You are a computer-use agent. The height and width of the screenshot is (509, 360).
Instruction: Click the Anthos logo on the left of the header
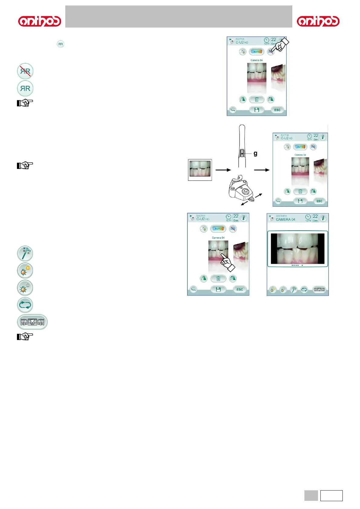click(x=40, y=21)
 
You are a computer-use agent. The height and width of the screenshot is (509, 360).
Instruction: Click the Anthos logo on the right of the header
click(x=318, y=21)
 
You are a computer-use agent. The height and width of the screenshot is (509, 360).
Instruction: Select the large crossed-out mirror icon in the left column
click(x=25, y=71)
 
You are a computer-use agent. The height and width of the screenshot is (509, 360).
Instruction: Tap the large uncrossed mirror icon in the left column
click(x=25, y=88)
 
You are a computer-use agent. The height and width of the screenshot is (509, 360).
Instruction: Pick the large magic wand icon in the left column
click(x=25, y=253)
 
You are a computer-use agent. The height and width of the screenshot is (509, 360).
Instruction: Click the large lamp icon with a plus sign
click(x=25, y=271)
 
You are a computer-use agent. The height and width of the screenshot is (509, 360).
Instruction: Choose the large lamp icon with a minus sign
click(x=25, y=288)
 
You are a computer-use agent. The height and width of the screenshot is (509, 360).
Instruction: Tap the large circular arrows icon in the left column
click(x=25, y=305)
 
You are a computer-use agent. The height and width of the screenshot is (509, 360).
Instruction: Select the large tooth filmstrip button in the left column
click(x=32, y=322)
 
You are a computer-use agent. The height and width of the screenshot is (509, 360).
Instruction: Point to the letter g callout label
click(x=255, y=154)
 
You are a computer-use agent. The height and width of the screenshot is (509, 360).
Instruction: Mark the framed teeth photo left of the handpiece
click(x=200, y=170)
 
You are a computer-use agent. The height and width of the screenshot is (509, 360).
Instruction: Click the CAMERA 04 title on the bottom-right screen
click(x=285, y=219)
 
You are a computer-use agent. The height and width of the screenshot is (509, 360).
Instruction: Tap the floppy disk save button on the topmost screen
click(x=257, y=110)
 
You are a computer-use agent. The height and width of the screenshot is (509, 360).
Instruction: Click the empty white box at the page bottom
click(x=331, y=496)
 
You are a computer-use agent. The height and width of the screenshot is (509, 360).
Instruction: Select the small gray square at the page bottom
click(x=311, y=496)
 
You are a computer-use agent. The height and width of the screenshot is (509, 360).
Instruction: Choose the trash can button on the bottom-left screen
click(x=218, y=279)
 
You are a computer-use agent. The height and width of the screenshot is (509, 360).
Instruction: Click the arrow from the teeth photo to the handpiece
click(x=223, y=170)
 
